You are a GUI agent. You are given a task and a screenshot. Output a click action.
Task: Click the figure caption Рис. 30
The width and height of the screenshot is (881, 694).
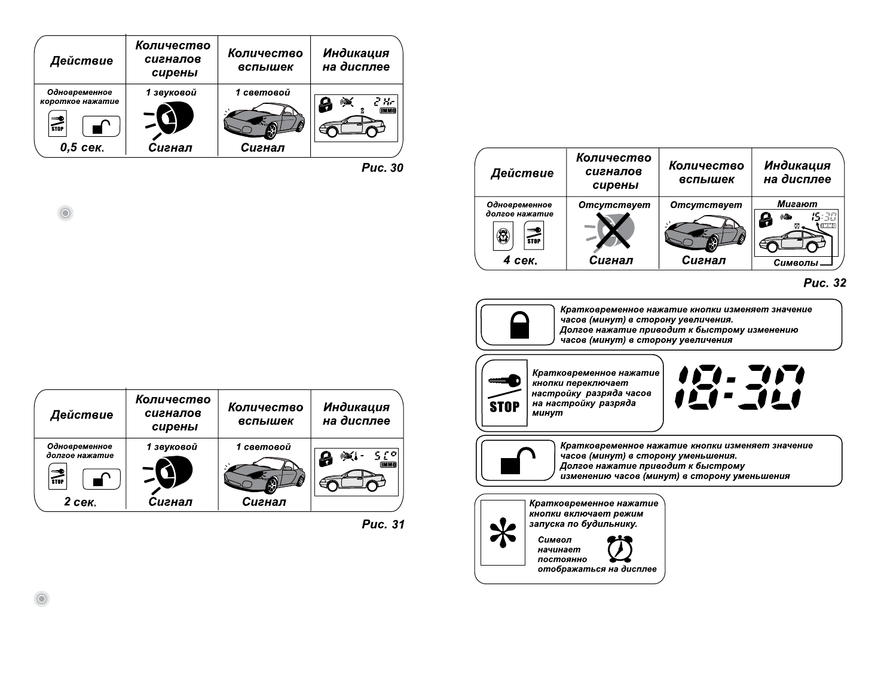click(383, 168)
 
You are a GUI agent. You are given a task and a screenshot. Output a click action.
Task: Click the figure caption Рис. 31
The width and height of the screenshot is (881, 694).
click(383, 524)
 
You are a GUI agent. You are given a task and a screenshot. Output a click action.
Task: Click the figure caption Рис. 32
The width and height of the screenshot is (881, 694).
click(825, 283)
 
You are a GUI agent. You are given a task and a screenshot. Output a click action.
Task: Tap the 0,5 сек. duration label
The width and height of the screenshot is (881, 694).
click(82, 148)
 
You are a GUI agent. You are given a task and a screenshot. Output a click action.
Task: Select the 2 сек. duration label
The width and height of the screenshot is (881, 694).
click(80, 502)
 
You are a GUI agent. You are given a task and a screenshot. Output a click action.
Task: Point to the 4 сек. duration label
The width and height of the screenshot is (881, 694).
click(520, 260)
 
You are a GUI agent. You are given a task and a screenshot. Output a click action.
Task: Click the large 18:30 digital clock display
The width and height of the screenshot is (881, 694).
click(740, 387)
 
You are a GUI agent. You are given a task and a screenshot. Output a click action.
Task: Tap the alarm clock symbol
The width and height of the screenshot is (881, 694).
click(620, 549)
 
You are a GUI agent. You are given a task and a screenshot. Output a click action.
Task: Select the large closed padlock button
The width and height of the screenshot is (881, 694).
click(518, 325)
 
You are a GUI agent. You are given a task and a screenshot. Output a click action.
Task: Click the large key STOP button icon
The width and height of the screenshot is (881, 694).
click(504, 393)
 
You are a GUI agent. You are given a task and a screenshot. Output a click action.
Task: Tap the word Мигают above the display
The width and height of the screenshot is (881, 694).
click(797, 204)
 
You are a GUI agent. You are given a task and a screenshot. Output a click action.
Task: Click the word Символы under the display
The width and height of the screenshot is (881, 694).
click(796, 263)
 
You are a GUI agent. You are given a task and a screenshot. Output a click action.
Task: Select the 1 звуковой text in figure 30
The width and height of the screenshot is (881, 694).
click(171, 93)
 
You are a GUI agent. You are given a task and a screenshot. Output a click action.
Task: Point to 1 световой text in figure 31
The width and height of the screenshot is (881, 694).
click(264, 447)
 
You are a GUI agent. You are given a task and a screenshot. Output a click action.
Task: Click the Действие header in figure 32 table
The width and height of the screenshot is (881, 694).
click(522, 173)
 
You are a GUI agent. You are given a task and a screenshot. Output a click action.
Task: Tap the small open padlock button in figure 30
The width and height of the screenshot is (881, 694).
click(101, 127)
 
